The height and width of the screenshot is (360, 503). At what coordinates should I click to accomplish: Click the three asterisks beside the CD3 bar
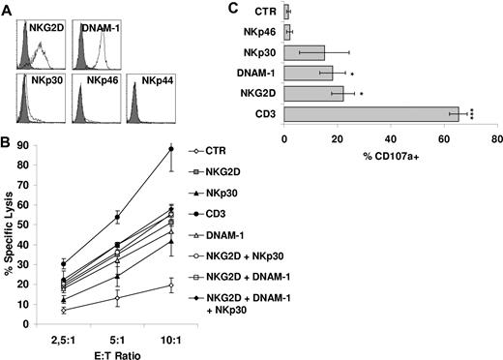tap(466, 113)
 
